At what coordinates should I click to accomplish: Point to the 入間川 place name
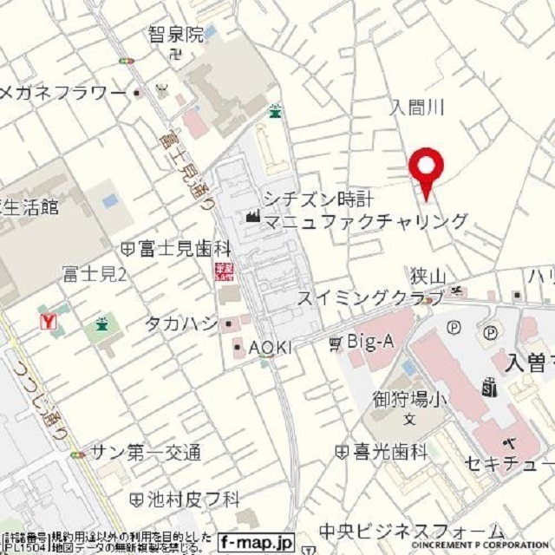coord(417,108)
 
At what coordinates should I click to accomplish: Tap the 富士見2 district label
coord(95,276)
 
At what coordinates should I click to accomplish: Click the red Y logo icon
coord(50,322)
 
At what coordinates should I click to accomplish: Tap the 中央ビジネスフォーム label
coord(410,531)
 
